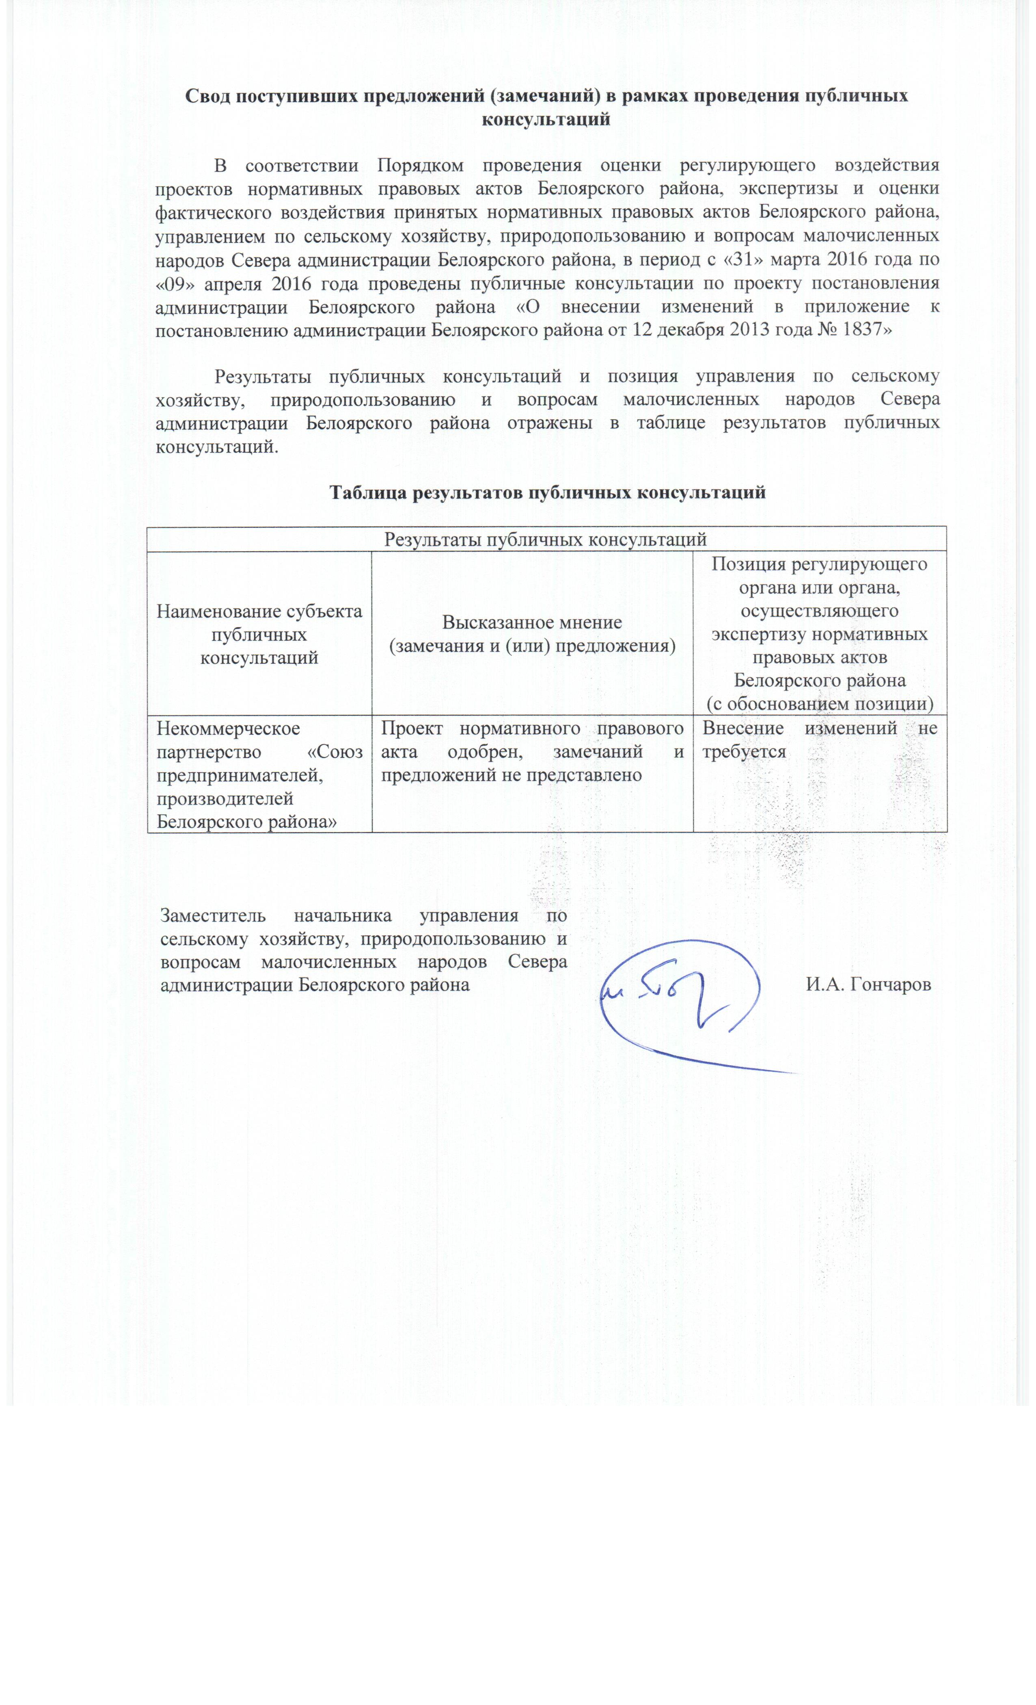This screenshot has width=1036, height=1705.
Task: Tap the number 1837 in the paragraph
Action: pos(861,329)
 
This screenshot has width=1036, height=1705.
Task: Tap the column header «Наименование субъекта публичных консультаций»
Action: pos(259,634)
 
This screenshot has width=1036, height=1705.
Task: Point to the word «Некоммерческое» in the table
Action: pos(229,728)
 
